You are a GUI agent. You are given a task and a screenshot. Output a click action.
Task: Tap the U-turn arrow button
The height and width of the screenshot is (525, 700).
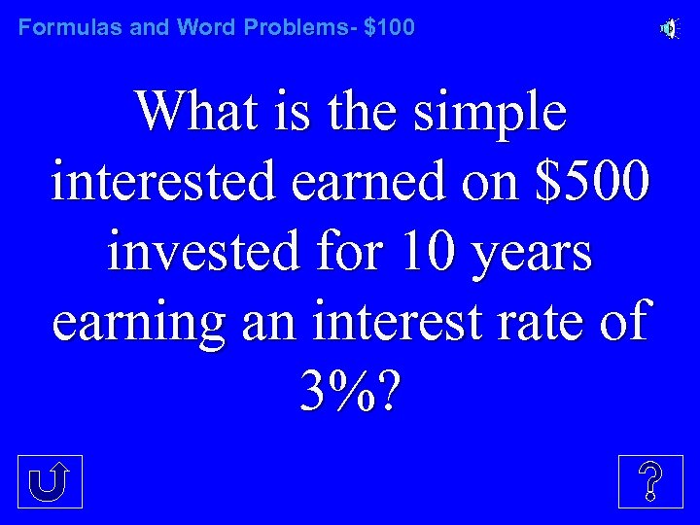(x=51, y=480)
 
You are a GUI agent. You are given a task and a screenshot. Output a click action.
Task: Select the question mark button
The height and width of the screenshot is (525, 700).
(x=649, y=480)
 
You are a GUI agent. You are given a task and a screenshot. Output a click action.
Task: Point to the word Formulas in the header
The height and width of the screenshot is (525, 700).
(x=70, y=27)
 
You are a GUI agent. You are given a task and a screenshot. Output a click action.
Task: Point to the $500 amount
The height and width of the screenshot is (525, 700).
(x=589, y=183)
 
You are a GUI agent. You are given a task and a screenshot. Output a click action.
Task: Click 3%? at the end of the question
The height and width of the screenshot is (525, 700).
(x=350, y=393)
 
